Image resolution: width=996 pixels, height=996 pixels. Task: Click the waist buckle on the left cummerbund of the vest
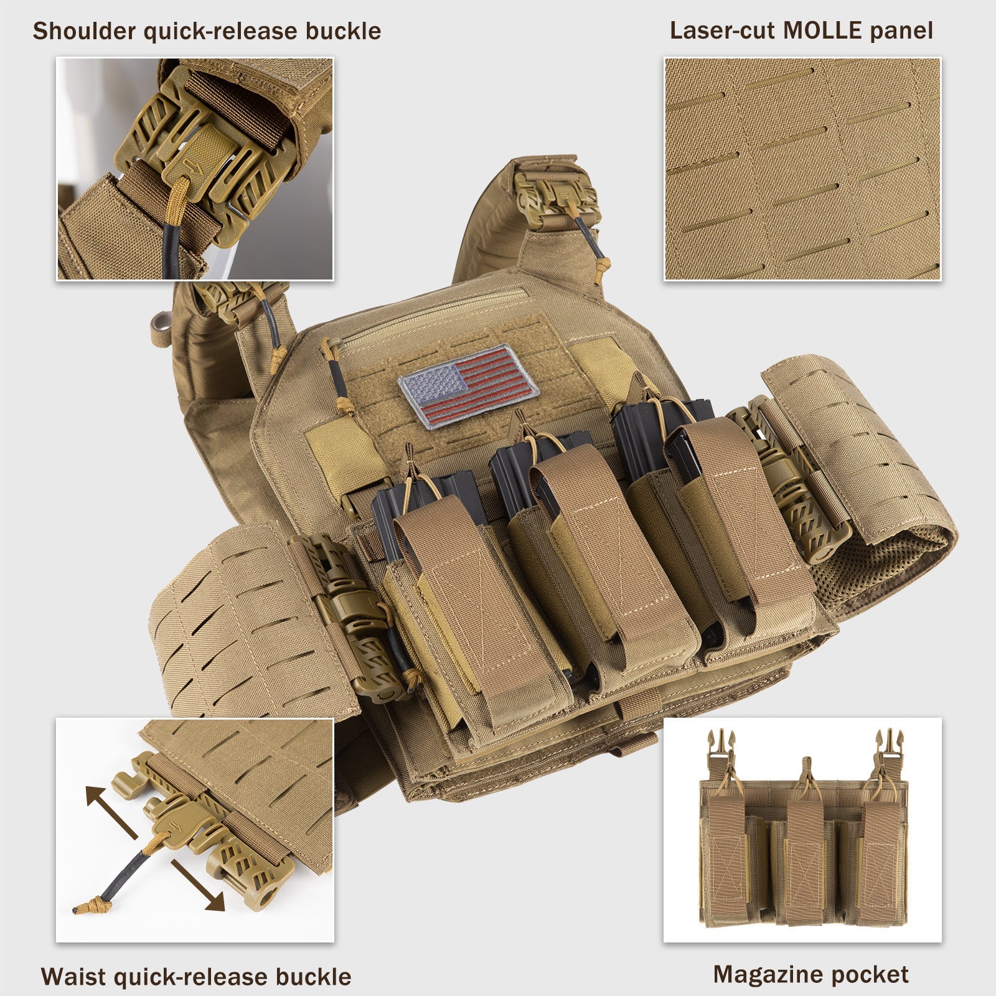click(352, 616)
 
